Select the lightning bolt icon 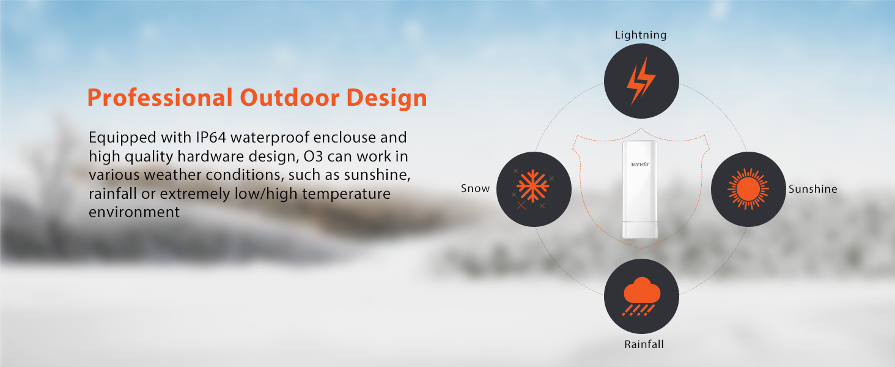(x=641, y=81)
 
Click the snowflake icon (x=534, y=189)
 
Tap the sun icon (x=748, y=189)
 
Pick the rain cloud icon (x=641, y=296)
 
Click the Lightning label (x=641, y=35)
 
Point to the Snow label (x=475, y=188)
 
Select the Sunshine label (x=812, y=189)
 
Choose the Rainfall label (x=644, y=344)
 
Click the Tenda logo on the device (x=640, y=164)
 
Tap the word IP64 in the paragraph (x=213, y=137)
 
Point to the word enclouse (x=360, y=137)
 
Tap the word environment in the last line (x=134, y=212)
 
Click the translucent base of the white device (x=640, y=231)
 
